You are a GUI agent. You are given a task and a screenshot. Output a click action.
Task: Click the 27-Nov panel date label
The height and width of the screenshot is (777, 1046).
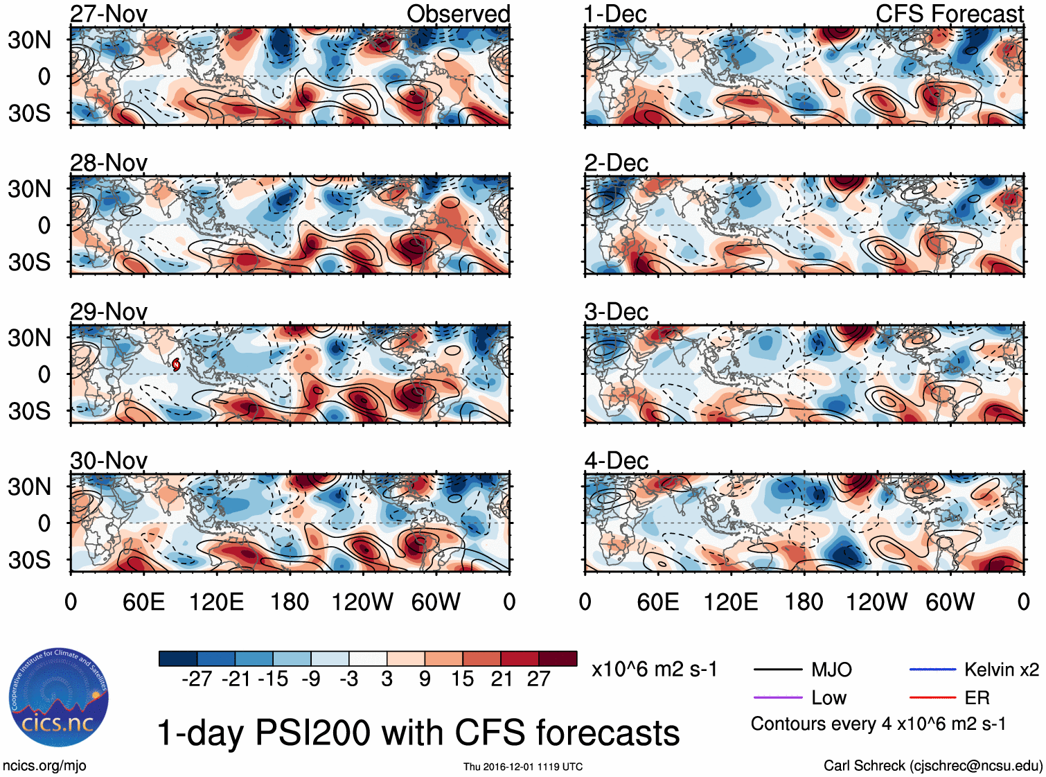[x=109, y=14]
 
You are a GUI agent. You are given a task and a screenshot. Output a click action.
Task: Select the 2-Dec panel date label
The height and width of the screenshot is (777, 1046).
[x=616, y=163]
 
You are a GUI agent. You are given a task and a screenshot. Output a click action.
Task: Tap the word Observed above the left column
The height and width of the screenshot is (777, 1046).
[x=458, y=14]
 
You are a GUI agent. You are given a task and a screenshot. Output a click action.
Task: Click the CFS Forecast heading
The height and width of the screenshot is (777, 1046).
[x=949, y=14]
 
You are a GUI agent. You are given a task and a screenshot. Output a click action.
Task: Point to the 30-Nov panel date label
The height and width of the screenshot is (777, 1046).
[x=109, y=460]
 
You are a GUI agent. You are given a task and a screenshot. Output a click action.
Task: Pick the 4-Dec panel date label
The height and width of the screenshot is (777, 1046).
[x=616, y=460]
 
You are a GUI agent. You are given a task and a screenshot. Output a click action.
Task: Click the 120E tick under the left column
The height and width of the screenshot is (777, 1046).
[x=216, y=602]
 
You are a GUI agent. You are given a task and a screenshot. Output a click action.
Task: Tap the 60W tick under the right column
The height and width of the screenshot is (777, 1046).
[x=950, y=602]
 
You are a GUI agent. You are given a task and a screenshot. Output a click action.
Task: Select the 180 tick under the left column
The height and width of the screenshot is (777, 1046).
[x=290, y=602]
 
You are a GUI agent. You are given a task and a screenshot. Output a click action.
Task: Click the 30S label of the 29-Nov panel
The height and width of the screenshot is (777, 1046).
[x=29, y=411]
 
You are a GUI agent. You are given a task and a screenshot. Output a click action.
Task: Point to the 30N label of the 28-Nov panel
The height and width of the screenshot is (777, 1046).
[x=29, y=189]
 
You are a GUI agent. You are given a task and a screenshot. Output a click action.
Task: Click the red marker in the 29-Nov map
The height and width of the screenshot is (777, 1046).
[x=176, y=365]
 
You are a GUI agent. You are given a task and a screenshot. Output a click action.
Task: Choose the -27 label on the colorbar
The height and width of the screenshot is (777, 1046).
[x=197, y=679]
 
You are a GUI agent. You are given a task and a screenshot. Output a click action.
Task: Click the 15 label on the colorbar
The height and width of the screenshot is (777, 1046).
[x=462, y=679]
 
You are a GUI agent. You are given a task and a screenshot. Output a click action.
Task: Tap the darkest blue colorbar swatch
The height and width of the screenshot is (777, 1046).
[x=178, y=658]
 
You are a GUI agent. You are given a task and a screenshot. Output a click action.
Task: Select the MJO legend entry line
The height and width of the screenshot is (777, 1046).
[x=777, y=670]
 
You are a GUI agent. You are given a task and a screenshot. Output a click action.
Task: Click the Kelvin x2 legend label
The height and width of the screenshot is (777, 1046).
[x=1001, y=670]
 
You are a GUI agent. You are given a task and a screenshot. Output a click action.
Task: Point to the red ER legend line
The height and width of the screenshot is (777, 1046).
[x=932, y=697]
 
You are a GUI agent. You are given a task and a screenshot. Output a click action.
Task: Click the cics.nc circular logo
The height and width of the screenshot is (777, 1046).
[x=59, y=698]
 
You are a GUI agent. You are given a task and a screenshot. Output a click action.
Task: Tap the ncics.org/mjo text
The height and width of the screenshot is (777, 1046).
[x=44, y=766]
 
